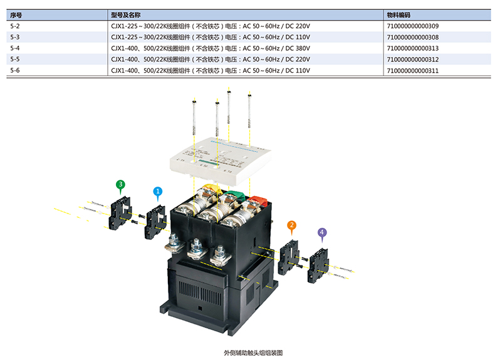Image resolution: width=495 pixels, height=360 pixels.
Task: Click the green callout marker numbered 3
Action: pos(120,185)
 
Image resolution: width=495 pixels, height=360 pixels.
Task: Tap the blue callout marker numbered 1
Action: pos(158,191)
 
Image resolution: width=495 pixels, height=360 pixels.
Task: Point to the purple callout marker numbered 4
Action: pos(322,232)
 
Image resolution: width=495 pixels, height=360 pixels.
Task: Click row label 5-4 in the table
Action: pos(15,48)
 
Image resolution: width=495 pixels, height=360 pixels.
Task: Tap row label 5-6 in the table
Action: pos(15,71)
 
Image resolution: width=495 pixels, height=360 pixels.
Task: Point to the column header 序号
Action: pos(16,14)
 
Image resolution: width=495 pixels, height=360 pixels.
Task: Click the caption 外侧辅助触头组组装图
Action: pos(248,352)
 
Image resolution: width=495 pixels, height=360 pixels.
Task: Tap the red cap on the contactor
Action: pos(257,202)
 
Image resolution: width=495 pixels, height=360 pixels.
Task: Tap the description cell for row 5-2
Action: pos(211,26)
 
